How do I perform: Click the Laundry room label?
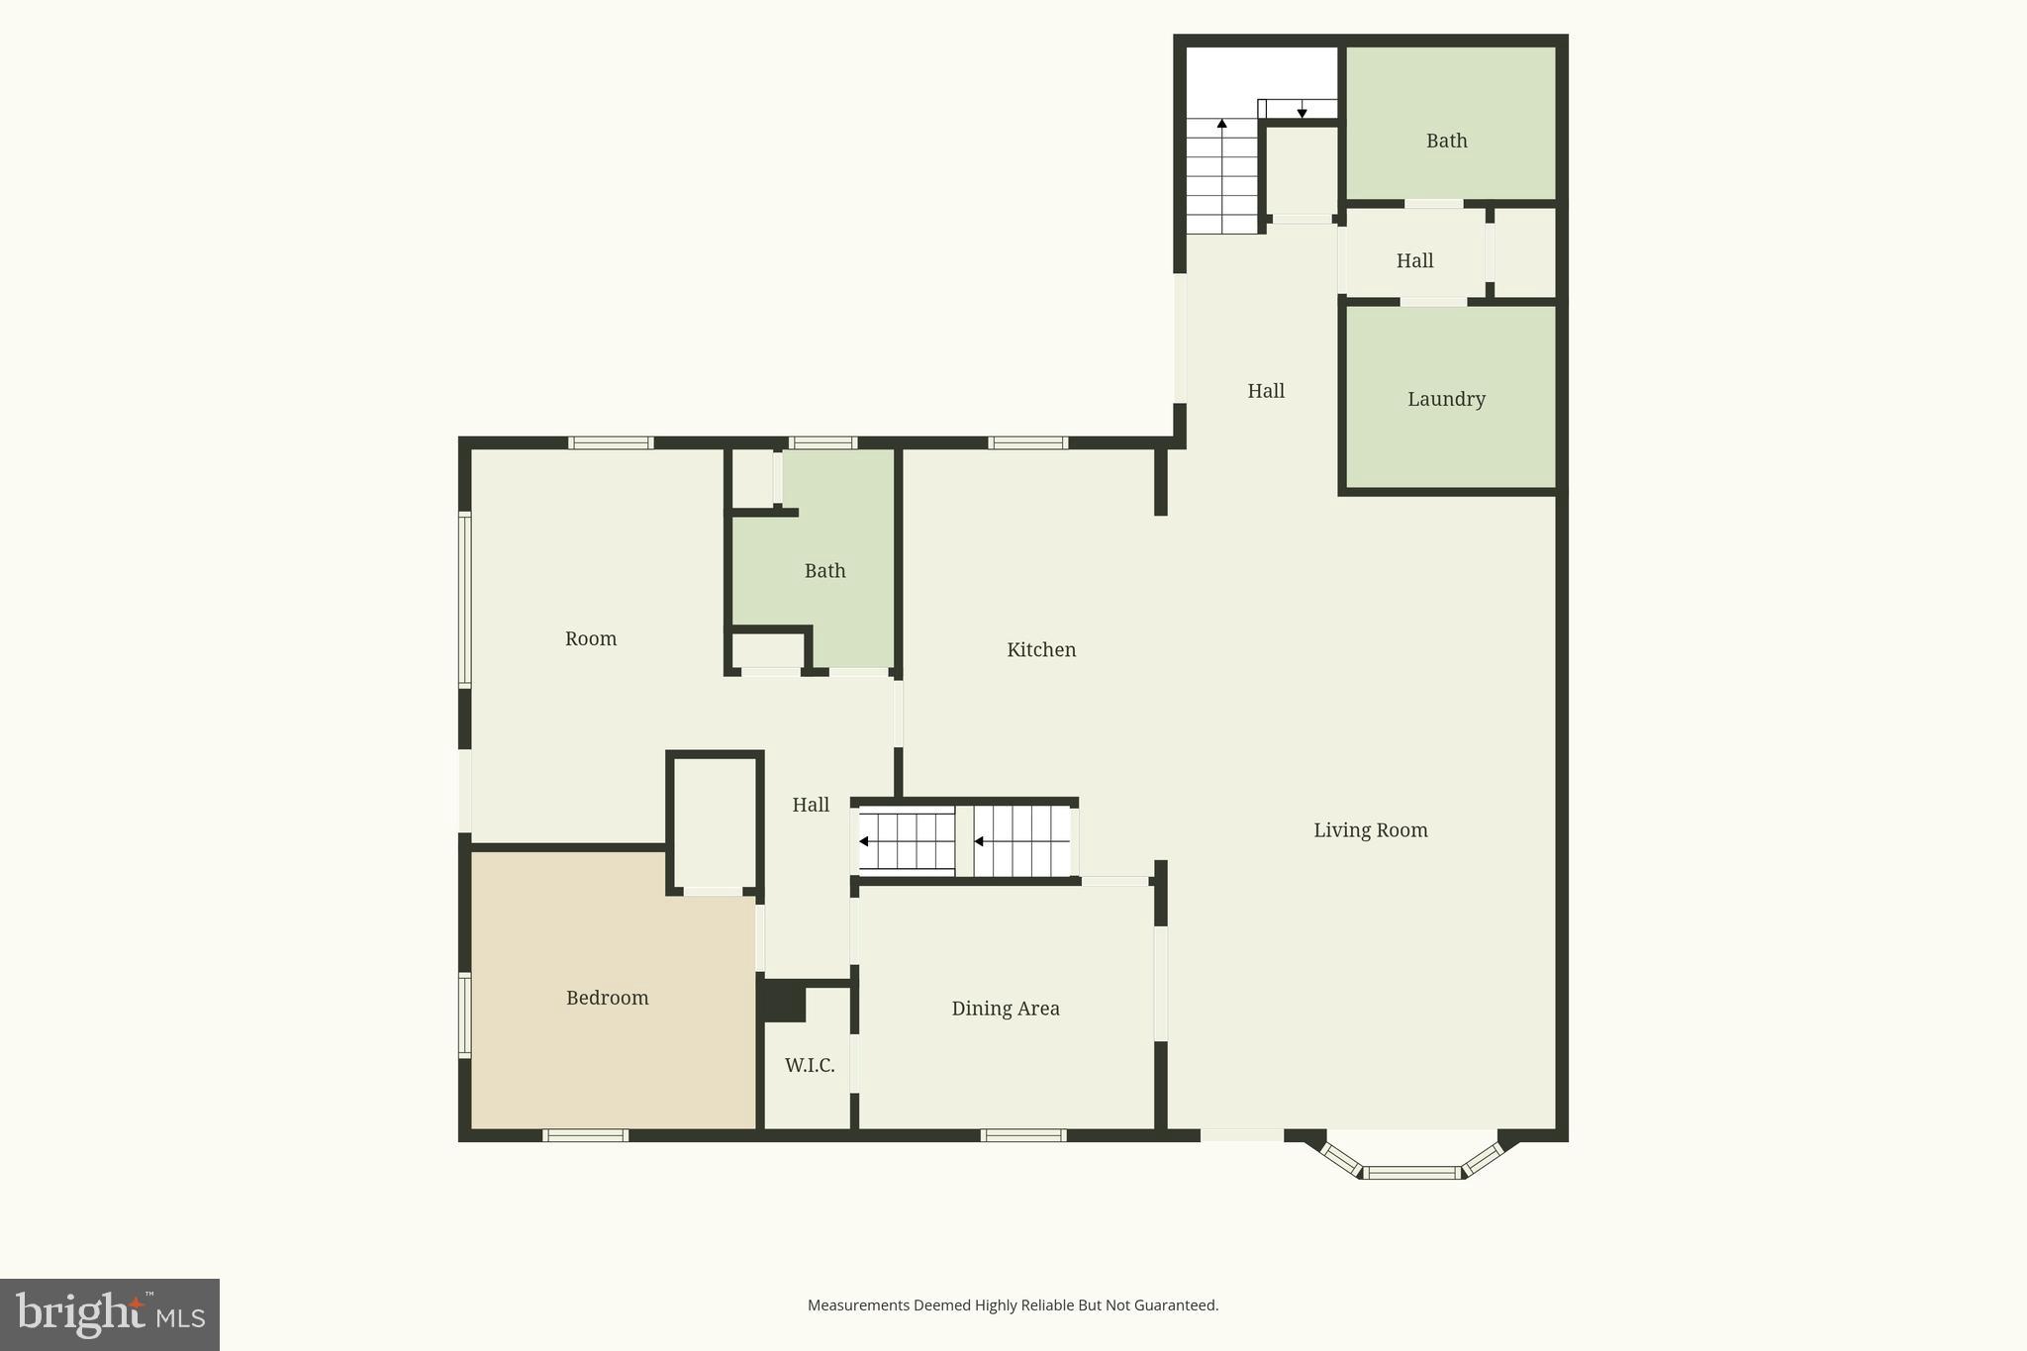pyautogui.click(x=1446, y=399)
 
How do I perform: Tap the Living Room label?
pyautogui.click(x=1370, y=830)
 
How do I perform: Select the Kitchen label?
pyautogui.click(x=1041, y=650)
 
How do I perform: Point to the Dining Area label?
pyautogui.click(x=1006, y=1009)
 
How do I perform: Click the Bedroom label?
pyautogui.click(x=607, y=998)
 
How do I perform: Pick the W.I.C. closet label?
pyautogui.click(x=810, y=1065)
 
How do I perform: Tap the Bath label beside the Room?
pyautogui.click(x=824, y=571)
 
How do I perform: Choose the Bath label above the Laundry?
pyautogui.click(x=1446, y=141)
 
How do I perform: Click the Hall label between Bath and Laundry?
pyautogui.click(x=1414, y=261)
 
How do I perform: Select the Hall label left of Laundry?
pyautogui.click(x=1265, y=391)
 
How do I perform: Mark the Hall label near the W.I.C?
pyautogui.click(x=810, y=805)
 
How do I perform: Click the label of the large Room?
pyautogui.click(x=591, y=639)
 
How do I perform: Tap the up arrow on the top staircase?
pyautogui.click(x=1222, y=124)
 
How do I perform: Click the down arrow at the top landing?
pyautogui.click(x=1302, y=113)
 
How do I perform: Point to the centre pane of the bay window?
pyautogui.click(x=1412, y=1173)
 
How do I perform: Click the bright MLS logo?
pyautogui.click(x=110, y=1314)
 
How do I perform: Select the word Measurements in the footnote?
pyautogui.click(x=857, y=1305)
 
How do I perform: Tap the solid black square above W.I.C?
pyautogui.click(x=782, y=1001)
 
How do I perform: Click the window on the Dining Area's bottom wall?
pyautogui.click(x=1023, y=1135)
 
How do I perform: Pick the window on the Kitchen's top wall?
pyautogui.click(x=1027, y=442)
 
